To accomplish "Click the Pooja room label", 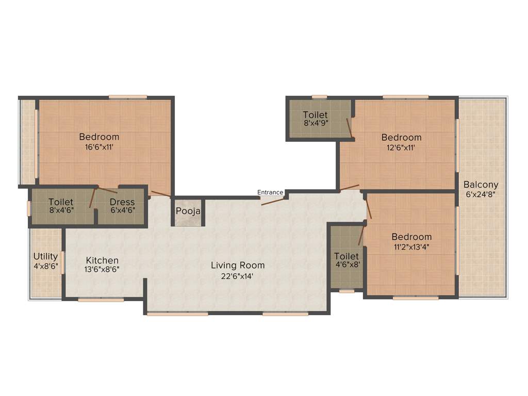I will tap(188, 211).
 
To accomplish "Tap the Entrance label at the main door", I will tap(270, 192).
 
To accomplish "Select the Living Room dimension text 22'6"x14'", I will tap(238, 276).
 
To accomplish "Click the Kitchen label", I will tap(102, 260).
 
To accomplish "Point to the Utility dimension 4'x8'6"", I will tap(45, 267).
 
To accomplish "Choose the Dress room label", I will tap(122, 202).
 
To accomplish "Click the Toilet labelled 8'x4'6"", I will tap(61, 211).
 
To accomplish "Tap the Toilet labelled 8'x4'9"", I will tap(316, 123).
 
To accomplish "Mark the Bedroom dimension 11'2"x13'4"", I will tap(410, 246).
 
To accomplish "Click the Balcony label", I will tap(481, 185).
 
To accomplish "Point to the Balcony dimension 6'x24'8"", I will tap(481, 194).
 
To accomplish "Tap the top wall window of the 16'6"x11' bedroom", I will tap(127, 96).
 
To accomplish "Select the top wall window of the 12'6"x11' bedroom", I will tap(405, 96).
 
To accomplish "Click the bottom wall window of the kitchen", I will tap(101, 300).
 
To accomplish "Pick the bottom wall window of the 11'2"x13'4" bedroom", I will tap(416, 298).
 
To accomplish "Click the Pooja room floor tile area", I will tap(188, 221).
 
